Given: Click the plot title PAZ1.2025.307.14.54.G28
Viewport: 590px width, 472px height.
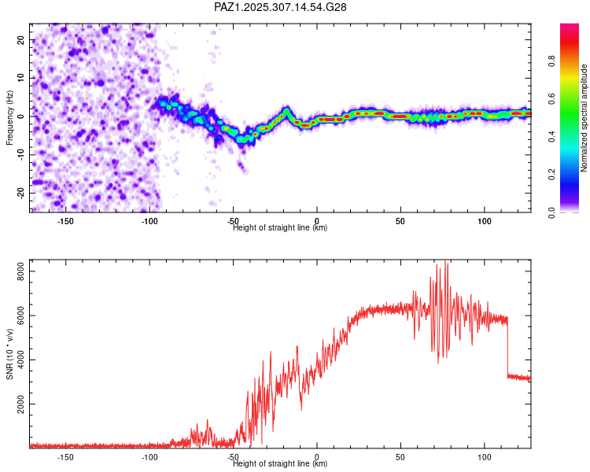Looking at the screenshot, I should pos(281,7).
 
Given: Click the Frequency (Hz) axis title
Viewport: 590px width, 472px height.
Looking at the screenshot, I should pos(9,116).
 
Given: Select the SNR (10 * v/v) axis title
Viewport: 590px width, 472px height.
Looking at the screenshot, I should pos(9,354).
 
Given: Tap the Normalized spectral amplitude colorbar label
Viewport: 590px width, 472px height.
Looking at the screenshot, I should pos(584,119).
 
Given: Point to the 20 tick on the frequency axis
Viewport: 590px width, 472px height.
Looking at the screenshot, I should pos(21,39).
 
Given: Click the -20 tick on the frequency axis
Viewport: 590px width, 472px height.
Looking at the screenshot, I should pos(20,193).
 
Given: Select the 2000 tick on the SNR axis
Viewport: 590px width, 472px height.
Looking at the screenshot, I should pos(17,404).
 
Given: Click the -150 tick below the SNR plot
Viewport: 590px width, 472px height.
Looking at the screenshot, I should pos(65,456).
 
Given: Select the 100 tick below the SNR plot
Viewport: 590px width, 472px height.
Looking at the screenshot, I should pos(484,456).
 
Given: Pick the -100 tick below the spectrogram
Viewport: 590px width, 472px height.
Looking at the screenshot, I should pos(149,220).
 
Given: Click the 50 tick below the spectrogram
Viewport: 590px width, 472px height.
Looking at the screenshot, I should pos(400,220).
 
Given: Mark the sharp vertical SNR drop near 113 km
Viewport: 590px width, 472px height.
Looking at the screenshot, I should pos(507,346).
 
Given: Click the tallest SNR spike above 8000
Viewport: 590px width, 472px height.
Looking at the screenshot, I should pos(447,264).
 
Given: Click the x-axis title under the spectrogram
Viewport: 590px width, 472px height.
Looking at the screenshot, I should pos(280,228).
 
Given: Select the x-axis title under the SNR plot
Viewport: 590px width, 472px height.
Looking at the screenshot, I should pos(280,464).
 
